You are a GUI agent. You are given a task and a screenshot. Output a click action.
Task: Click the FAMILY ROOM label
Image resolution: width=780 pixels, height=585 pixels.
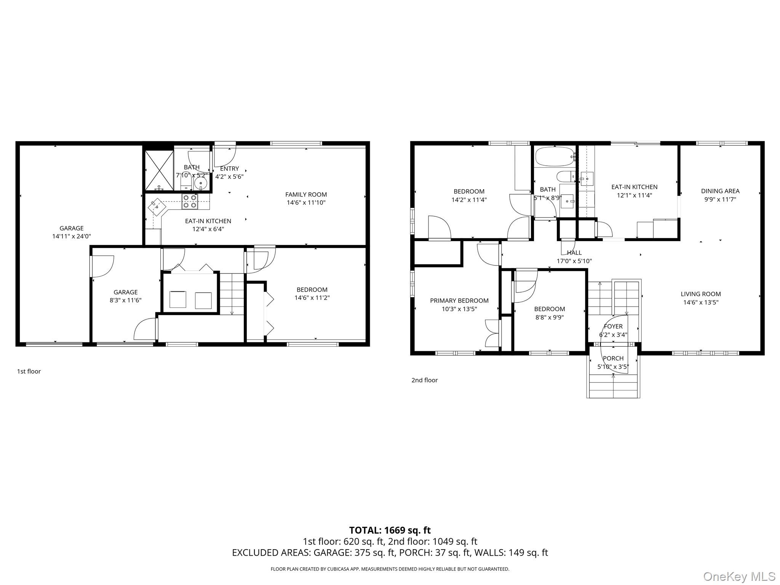click(x=306, y=195)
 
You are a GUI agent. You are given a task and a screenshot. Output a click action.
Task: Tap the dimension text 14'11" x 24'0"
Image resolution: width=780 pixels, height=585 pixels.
click(x=72, y=237)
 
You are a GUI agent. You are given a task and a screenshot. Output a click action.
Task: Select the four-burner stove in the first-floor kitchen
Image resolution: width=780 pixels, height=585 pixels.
click(x=190, y=201)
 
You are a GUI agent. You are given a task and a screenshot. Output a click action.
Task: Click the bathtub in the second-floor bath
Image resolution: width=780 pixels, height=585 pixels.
click(x=555, y=157)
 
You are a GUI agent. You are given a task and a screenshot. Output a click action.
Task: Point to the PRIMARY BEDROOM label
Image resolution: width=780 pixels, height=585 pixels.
click(x=459, y=301)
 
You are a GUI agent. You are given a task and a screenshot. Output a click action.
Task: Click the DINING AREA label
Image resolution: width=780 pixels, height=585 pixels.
click(x=720, y=191)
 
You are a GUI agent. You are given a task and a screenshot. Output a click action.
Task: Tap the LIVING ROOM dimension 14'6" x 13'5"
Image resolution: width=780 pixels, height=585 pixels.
click(x=700, y=302)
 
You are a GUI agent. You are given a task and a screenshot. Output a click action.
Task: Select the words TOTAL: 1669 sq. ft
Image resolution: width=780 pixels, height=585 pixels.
click(x=390, y=530)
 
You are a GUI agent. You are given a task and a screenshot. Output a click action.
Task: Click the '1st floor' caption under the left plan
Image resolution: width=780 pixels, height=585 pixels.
click(x=29, y=371)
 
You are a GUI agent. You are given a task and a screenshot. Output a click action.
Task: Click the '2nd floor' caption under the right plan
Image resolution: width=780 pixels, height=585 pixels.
click(x=424, y=380)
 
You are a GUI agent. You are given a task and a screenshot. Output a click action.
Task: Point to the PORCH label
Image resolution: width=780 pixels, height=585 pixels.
click(x=613, y=358)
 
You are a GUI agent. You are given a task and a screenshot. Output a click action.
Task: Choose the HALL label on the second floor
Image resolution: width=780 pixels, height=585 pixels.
click(x=574, y=253)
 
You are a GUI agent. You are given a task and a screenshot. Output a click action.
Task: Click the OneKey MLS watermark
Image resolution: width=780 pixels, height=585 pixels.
click(x=739, y=576)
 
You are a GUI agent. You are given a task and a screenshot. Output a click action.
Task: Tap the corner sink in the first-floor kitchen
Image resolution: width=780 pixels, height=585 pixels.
click(x=157, y=207)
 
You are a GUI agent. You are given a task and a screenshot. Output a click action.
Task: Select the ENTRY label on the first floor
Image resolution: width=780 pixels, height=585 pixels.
click(x=229, y=169)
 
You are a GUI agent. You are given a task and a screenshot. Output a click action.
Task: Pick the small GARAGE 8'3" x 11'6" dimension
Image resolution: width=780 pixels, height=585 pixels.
click(x=125, y=300)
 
